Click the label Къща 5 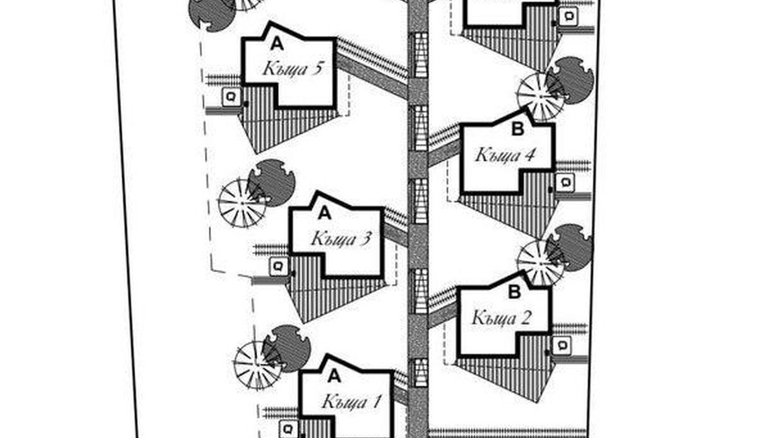tap(292, 68)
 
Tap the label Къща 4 tap(505, 155)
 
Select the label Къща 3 tap(340, 238)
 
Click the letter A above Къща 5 tap(277, 43)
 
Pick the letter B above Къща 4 tap(518, 129)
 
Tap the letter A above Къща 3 tap(325, 213)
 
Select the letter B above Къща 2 tap(514, 293)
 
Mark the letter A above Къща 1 tap(334, 377)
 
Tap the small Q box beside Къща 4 tap(565, 181)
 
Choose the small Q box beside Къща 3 tap(278, 266)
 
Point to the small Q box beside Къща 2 tap(563, 346)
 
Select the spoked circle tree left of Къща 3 tap(241, 203)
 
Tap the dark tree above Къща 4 tap(570, 80)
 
